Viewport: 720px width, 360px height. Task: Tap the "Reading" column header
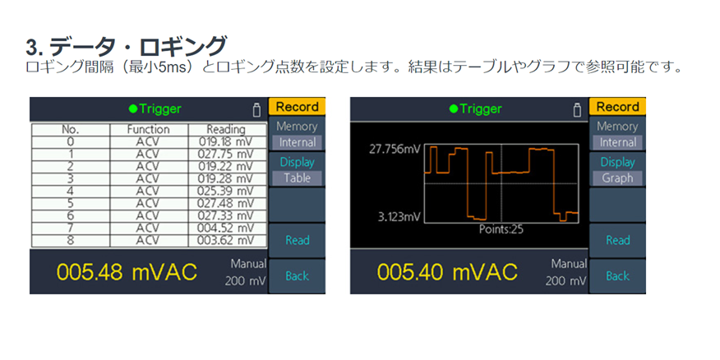pos(226,129)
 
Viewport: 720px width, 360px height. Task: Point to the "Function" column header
pos(148,129)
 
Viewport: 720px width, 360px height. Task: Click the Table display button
pos(297,178)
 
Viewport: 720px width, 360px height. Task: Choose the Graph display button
pos(617,178)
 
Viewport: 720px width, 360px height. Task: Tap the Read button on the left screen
pos(297,240)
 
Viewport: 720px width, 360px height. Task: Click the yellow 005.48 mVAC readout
pos(127,273)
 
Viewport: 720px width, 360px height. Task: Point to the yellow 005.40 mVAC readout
pos(447,273)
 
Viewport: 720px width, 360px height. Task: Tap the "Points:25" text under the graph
pos(501,229)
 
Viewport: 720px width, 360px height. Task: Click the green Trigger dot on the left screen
pos(132,108)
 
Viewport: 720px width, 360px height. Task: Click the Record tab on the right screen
pos(617,107)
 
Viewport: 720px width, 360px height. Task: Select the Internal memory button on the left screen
pos(297,142)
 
